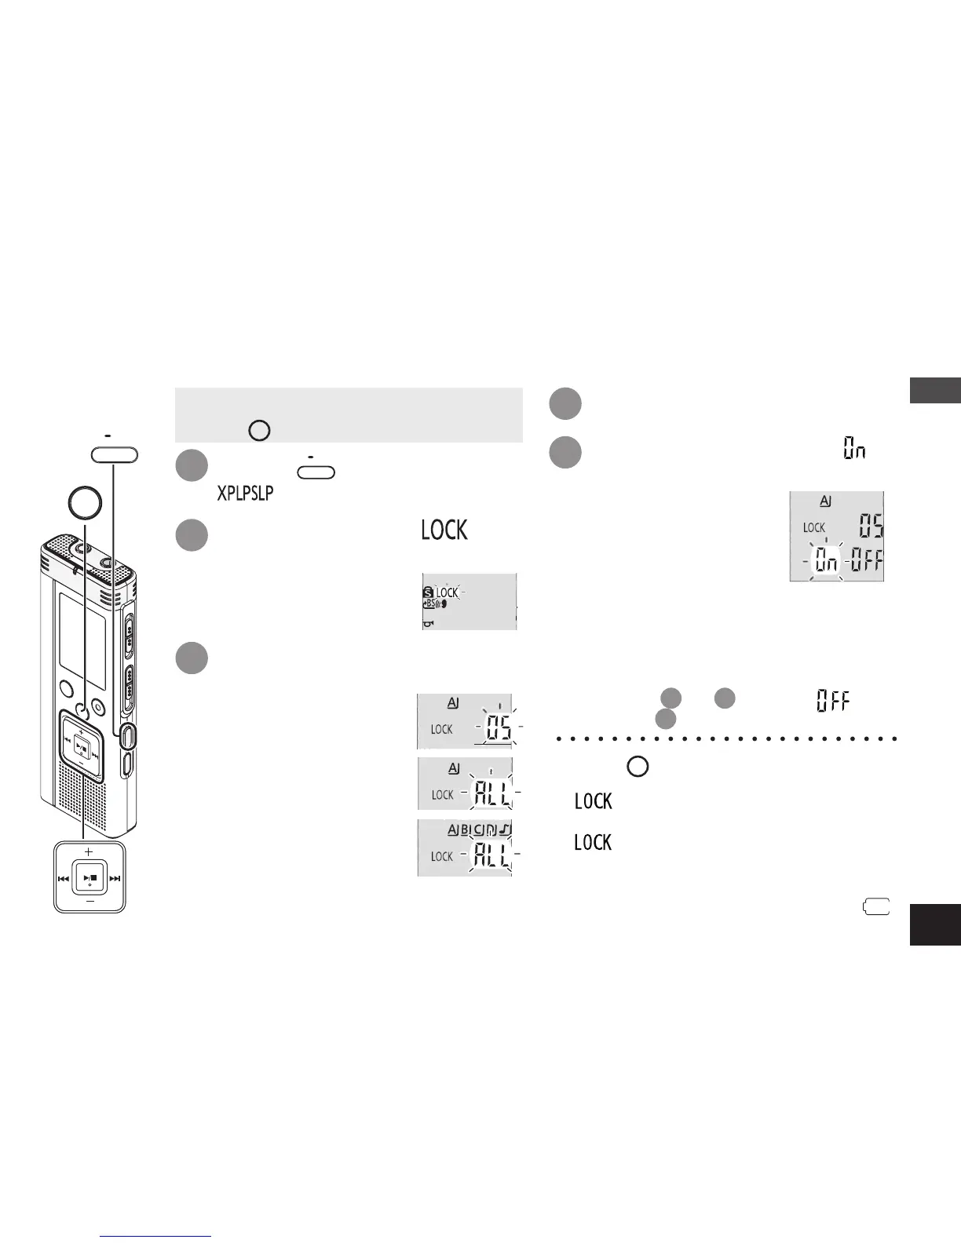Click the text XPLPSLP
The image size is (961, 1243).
[x=245, y=494]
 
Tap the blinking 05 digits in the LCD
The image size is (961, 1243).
[x=499, y=730]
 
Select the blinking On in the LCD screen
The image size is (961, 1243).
[x=826, y=560]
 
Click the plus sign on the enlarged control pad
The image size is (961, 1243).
[x=89, y=851]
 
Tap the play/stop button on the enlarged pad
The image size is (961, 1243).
[x=90, y=878]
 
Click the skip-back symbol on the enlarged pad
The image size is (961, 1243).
[x=63, y=879]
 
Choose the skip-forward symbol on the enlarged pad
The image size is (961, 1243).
[x=115, y=879]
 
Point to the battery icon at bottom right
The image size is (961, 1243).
[x=877, y=907]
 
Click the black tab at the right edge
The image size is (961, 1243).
[x=935, y=924]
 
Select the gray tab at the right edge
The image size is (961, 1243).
[x=935, y=390]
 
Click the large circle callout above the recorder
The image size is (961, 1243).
[x=84, y=503]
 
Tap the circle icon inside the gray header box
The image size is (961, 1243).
[x=259, y=430]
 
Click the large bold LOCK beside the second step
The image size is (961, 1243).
[x=444, y=530]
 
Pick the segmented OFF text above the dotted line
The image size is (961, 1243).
[x=832, y=701]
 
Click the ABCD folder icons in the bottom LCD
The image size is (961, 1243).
[x=479, y=829]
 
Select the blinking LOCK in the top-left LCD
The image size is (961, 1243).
[x=446, y=592]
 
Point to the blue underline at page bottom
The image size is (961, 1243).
[x=156, y=1237]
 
